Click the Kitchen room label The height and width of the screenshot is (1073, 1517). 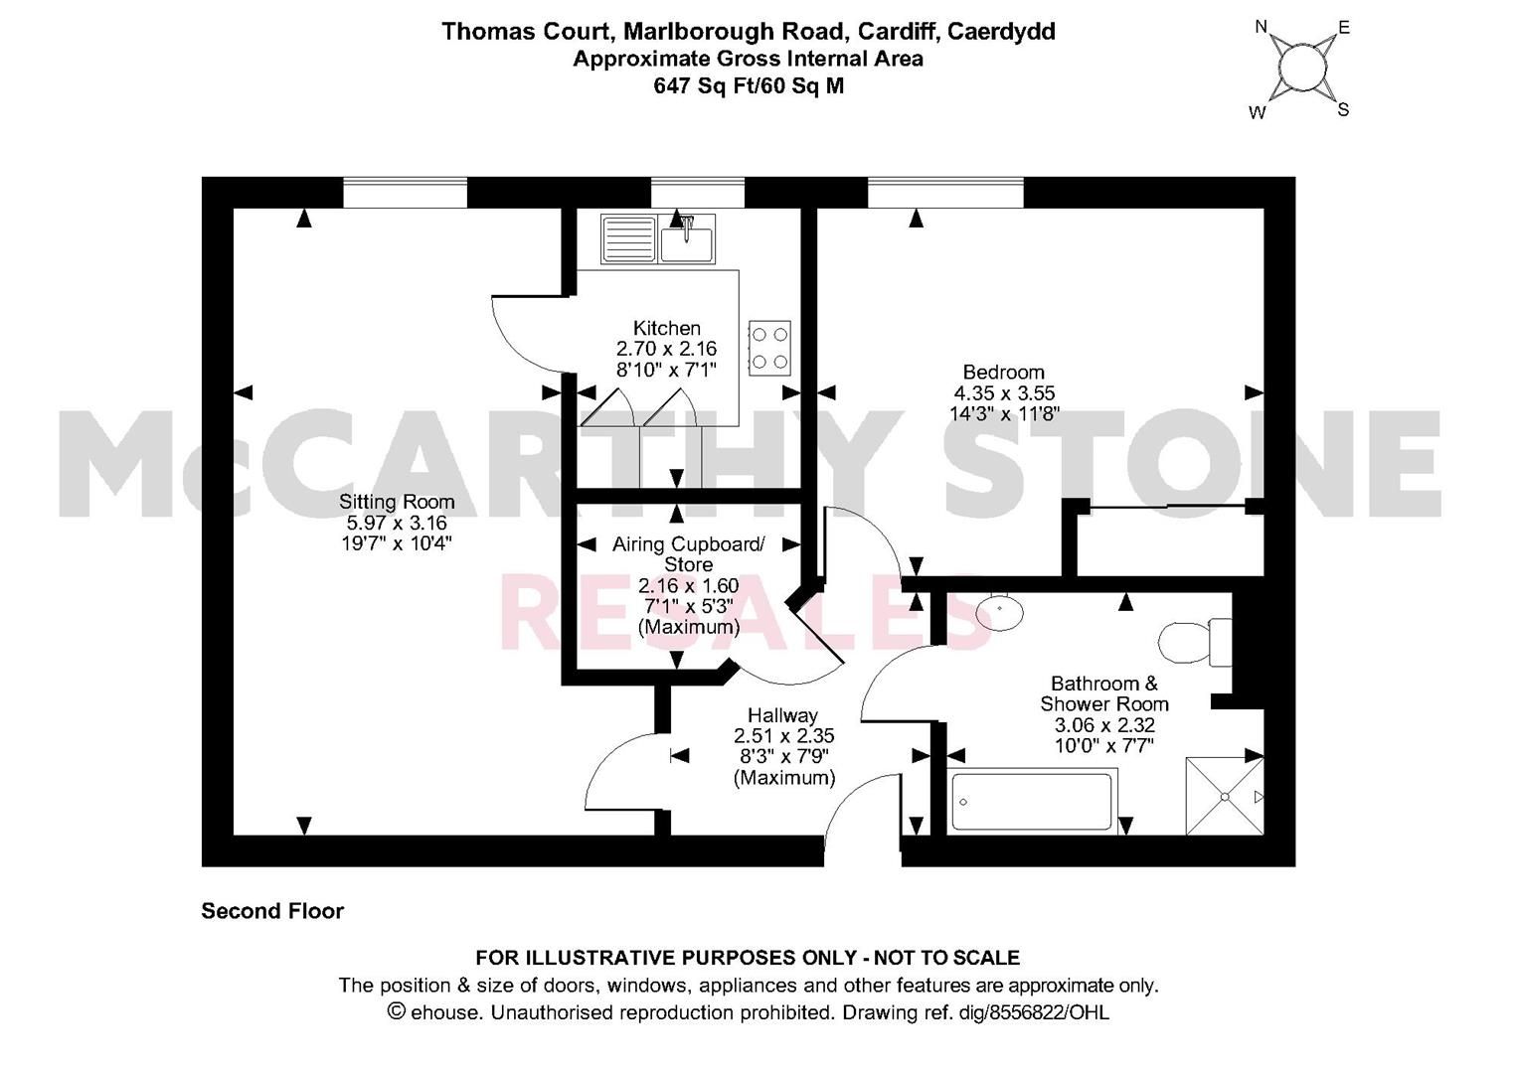666,328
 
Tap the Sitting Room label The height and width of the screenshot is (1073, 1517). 396,502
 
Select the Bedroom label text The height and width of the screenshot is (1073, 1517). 1003,373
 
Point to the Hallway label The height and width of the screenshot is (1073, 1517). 782,715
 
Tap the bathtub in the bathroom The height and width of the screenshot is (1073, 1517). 1032,802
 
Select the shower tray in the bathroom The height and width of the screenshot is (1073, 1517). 1225,797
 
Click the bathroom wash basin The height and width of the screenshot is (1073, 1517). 999,610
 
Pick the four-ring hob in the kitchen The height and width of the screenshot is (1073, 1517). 769,348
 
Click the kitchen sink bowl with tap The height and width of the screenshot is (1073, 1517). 687,241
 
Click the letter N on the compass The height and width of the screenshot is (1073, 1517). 1262,27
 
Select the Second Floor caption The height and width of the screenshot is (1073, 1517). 272,911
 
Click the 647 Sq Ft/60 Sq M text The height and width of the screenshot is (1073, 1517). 748,85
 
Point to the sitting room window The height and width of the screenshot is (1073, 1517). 405,193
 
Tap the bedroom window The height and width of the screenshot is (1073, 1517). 944,193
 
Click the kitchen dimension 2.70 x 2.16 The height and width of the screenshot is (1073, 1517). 666,349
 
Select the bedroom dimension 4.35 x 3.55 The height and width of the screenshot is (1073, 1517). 1004,393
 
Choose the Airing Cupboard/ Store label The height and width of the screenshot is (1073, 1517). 688,554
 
